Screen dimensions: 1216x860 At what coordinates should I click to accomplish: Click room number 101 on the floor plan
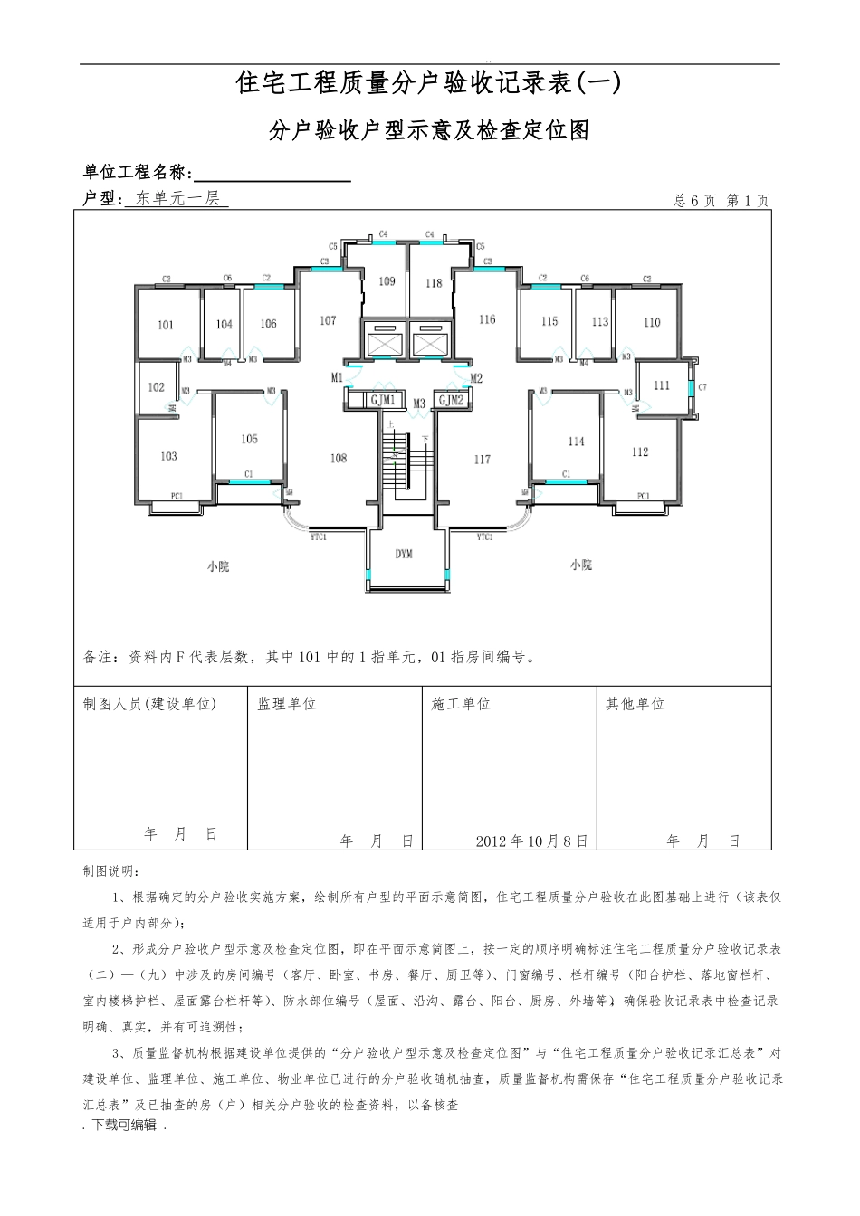point(166,325)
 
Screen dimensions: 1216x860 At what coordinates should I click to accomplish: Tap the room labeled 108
point(339,458)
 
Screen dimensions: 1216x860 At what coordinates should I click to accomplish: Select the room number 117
point(483,460)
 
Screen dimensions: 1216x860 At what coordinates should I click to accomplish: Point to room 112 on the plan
point(640,452)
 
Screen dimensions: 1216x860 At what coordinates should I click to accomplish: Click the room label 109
point(387,281)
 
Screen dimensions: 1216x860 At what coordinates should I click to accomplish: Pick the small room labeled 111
point(662,385)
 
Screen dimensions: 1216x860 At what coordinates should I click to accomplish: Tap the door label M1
point(337,377)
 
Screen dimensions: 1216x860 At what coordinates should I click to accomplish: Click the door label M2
point(477,378)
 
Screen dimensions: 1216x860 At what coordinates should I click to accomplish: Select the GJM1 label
point(383,400)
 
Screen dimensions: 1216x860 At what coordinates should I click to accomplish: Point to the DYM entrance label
point(404,554)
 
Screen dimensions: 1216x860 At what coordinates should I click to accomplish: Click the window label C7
point(702,387)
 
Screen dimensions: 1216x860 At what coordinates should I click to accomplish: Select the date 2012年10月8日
point(531,841)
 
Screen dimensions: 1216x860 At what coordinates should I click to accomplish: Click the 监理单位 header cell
point(287,704)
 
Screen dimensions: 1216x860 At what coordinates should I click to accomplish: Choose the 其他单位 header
point(635,704)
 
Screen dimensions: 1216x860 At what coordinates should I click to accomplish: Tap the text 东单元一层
point(177,198)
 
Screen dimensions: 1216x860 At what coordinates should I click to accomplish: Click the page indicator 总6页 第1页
point(721,201)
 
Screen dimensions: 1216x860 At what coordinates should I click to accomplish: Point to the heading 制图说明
point(111,870)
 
